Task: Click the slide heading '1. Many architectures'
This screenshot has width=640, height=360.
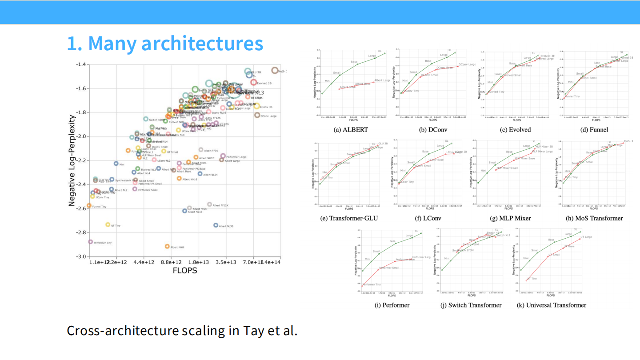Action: [x=165, y=44]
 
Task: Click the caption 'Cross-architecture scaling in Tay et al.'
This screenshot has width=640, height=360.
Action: [x=181, y=331]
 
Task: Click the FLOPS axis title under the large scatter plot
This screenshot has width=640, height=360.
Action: [x=185, y=270]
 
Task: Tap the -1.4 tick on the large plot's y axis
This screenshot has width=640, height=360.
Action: [x=80, y=64]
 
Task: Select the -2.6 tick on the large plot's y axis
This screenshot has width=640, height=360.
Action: [x=80, y=208]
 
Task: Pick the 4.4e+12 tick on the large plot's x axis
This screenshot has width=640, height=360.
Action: [x=144, y=262]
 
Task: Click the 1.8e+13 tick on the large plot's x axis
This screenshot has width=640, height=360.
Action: [x=198, y=262]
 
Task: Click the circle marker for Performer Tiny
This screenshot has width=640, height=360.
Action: [x=90, y=242]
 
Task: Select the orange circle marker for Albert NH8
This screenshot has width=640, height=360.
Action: [x=167, y=246]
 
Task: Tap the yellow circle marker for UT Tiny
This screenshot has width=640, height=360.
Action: [x=108, y=225]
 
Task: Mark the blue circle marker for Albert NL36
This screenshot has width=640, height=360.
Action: [x=216, y=225]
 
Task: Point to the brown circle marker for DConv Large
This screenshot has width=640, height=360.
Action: [x=257, y=115]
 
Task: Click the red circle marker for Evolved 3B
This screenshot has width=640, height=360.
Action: [x=253, y=82]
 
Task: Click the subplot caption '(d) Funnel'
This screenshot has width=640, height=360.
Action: [x=593, y=130]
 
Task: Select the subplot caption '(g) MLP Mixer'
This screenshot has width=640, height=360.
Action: [x=510, y=218]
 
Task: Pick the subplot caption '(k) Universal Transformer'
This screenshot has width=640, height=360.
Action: [x=551, y=305]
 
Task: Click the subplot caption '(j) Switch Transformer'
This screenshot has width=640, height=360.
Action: [x=471, y=305]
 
